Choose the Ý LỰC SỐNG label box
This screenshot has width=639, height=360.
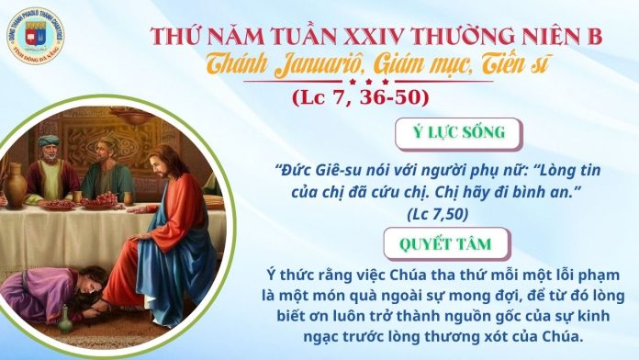(456, 132)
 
